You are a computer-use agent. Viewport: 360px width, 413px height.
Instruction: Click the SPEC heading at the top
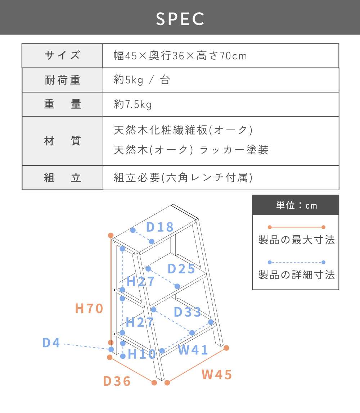point(180,19)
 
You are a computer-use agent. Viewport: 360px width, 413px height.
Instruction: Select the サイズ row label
point(62,55)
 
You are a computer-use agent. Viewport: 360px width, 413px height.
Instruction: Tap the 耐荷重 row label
point(62,80)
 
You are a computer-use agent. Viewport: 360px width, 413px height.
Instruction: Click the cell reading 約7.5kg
point(132,104)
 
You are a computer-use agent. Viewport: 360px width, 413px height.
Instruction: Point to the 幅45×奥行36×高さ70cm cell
point(180,55)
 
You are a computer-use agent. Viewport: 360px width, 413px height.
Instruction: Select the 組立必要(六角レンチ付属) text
point(184,177)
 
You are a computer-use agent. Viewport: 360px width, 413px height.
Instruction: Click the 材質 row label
point(62,141)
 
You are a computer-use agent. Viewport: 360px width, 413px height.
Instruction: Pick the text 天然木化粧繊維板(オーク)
point(184,130)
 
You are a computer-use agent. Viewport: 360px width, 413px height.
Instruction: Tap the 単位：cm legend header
point(297,205)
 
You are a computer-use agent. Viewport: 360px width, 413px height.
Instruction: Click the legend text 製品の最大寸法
point(297,240)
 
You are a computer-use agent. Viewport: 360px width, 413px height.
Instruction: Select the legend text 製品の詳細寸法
point(297,275)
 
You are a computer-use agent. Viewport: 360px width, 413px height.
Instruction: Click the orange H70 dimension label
point(89,308)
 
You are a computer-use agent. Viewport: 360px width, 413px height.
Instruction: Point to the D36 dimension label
point(117,381)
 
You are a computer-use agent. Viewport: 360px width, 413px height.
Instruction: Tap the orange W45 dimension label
point(217,375)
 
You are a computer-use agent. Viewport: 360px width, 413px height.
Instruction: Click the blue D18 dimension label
point(160,227)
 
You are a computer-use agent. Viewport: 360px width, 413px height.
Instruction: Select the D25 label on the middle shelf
point(181,269)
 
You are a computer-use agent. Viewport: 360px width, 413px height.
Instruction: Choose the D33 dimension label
point(187,312)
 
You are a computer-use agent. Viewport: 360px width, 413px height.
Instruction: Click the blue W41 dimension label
point(193,350)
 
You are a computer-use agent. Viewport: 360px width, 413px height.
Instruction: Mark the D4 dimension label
point(51,343)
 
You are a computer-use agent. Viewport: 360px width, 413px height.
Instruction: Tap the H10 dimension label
point(141,354)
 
